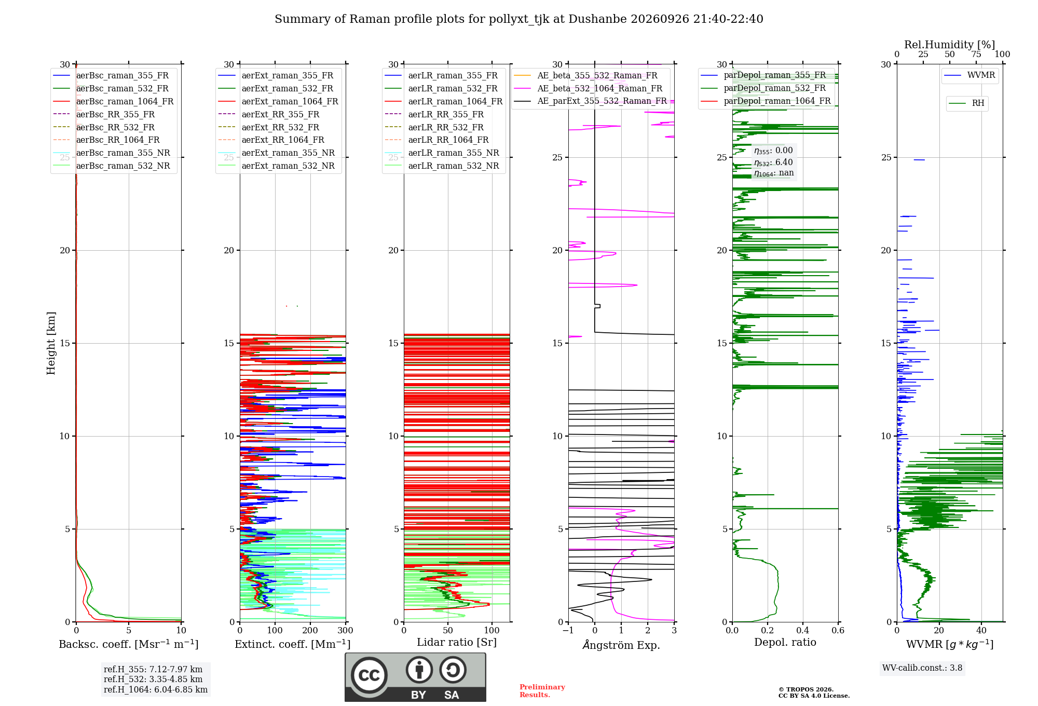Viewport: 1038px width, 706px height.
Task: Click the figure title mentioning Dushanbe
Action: [x=519, y=19]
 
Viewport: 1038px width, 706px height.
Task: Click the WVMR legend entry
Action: [x=970, y=75]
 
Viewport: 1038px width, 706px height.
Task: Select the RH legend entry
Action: [x=967, y=103]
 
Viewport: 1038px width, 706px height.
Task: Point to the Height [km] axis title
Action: [x=51, y=343]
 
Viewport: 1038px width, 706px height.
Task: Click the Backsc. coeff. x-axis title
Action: [x=129, y=644]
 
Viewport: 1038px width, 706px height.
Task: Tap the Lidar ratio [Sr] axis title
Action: [x=457, y=643]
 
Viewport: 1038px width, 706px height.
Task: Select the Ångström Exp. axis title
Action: [x=621, y=645]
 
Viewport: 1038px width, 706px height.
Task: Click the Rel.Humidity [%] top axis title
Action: [x=950, y=45]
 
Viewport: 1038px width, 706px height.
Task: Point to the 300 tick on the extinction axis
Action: [x=345, y=630]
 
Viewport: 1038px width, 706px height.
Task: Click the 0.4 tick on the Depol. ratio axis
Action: [x=803, y=630]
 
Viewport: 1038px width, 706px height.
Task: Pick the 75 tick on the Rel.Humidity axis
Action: [x=976, y=55]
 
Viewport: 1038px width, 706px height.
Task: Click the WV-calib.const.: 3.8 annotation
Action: [x=922, y=668]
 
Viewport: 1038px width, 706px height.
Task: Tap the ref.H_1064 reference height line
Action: [x=156, y=690]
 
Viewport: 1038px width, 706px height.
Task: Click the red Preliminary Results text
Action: [x=542, y=691]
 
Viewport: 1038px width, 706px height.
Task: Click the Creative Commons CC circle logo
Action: [x=369, y=675]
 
